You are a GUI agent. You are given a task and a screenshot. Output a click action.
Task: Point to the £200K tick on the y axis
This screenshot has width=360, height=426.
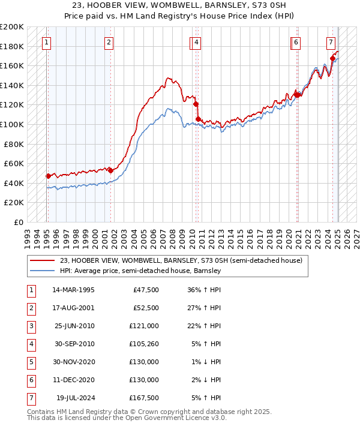point(12,27)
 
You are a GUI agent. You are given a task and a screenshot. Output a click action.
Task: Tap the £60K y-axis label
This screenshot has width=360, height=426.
point(14,163)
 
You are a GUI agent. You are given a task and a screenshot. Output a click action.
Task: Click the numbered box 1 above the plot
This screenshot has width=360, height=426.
point(47,43)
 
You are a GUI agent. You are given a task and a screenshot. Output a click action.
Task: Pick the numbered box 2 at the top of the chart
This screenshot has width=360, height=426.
point(109,43)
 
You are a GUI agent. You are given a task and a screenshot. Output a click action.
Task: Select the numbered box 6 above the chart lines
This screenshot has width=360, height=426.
point(296,43)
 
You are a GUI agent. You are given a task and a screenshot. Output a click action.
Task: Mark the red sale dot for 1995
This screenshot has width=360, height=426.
point(48,176)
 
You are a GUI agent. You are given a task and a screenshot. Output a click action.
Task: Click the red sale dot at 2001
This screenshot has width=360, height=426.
point(110,170)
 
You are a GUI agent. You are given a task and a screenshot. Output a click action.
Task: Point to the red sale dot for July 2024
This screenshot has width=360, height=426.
point(333,59)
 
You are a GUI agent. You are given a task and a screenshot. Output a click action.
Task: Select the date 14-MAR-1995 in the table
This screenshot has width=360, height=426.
point(74,290)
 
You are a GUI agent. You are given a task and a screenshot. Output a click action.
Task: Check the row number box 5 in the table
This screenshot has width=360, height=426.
point(31,362)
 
